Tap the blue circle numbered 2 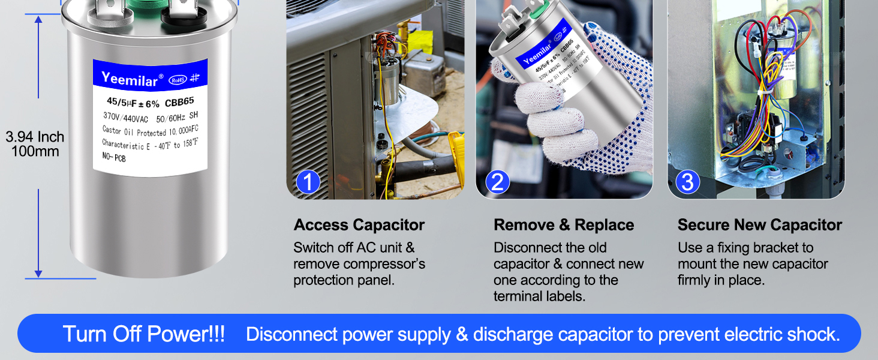[497, 181]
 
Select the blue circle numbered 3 [687, 181]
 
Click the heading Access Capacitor [359, 225]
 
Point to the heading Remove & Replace [564, 225]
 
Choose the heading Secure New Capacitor [759, 225]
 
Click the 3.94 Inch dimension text [35, 137]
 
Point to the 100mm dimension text [35, 151]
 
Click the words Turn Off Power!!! [144, 334]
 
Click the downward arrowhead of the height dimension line [38, 273]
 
